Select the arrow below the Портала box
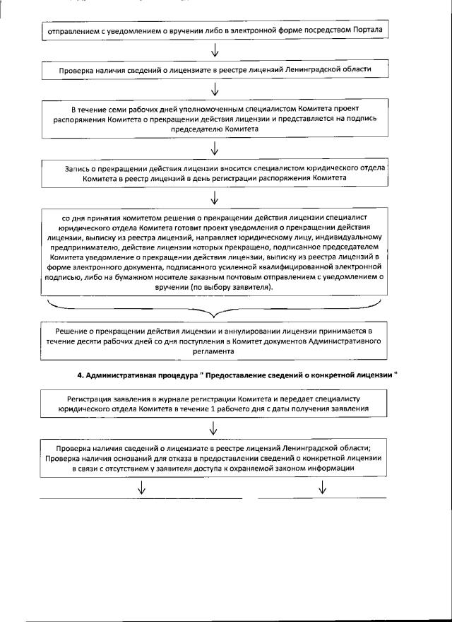(215, 51)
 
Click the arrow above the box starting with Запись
(215, 149)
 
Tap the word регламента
(215, 351)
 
